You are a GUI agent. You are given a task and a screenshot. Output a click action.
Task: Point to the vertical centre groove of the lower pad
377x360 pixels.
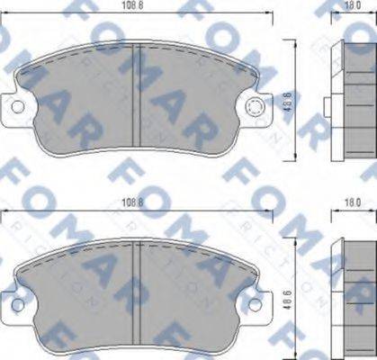pos(134,288)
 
